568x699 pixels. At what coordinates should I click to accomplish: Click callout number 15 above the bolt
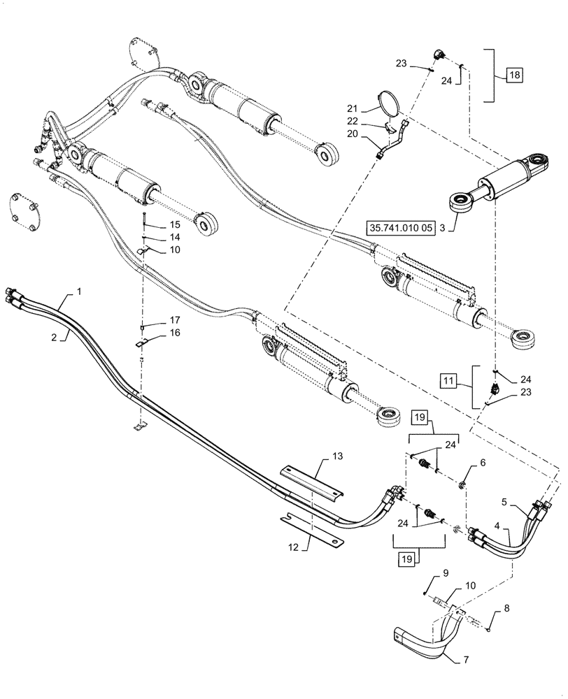pos(174,224)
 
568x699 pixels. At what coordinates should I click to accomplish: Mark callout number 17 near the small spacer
pos(174,321)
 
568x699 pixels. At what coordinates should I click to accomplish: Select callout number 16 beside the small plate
pos(174,333)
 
